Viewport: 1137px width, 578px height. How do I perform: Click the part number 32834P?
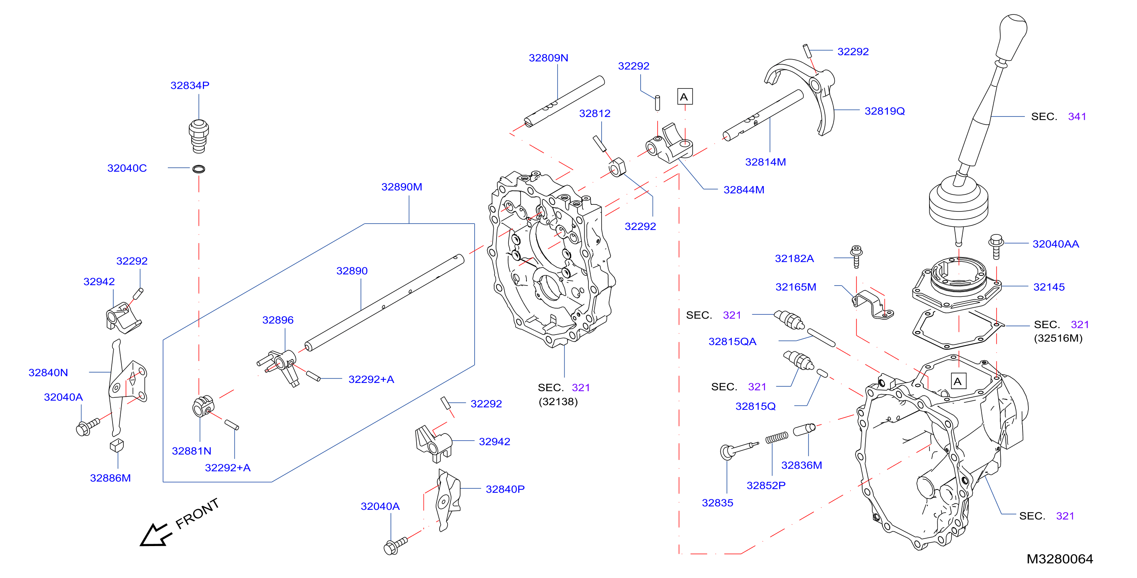tap(190, 85)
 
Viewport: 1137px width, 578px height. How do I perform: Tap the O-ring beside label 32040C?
tap(199, 169)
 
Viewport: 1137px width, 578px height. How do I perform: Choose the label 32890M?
tap(402, 187)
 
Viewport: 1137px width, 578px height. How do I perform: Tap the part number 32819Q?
tap(885, 111)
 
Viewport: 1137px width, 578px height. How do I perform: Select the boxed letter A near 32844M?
tap(685, 97)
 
